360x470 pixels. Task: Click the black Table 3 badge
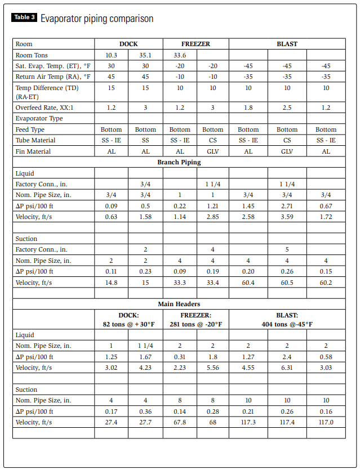[25, 18]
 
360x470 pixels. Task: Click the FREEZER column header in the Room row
[196, 44]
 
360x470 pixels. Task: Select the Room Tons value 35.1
[145, 55]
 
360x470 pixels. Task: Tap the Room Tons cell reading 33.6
[180, 55]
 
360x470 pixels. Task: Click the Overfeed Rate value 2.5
[287, 108]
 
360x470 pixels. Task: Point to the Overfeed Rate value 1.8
[248, 108]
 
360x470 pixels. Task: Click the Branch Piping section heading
[179, 162]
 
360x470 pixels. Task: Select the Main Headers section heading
[179, 304]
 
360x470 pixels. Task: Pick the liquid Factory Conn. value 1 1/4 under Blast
[287, 184]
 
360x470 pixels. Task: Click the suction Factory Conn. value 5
[287, 249]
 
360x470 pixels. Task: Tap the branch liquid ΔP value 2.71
[287, 206]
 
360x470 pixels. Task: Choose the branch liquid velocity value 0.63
[111, 217]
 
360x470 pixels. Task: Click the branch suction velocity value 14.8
[111, 283]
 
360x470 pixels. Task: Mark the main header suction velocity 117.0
[326, 422]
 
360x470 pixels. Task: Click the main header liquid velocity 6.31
[287, 368]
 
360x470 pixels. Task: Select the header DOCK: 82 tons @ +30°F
[128, 319]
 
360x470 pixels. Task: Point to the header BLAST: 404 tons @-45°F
[287, 319]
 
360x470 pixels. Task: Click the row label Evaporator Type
[39, 118]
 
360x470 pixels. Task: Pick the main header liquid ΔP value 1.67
[145, 357]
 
